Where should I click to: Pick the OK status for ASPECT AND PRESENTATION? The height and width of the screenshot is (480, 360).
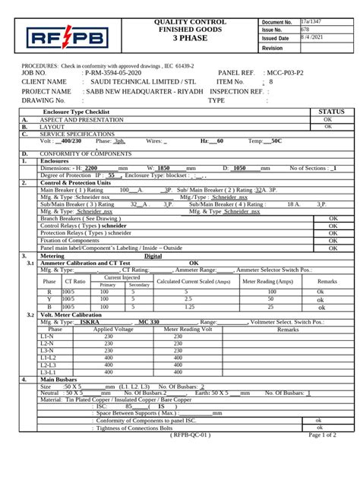(x=327, y=119)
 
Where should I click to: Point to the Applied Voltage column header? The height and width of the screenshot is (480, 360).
(x=113, y=351)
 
